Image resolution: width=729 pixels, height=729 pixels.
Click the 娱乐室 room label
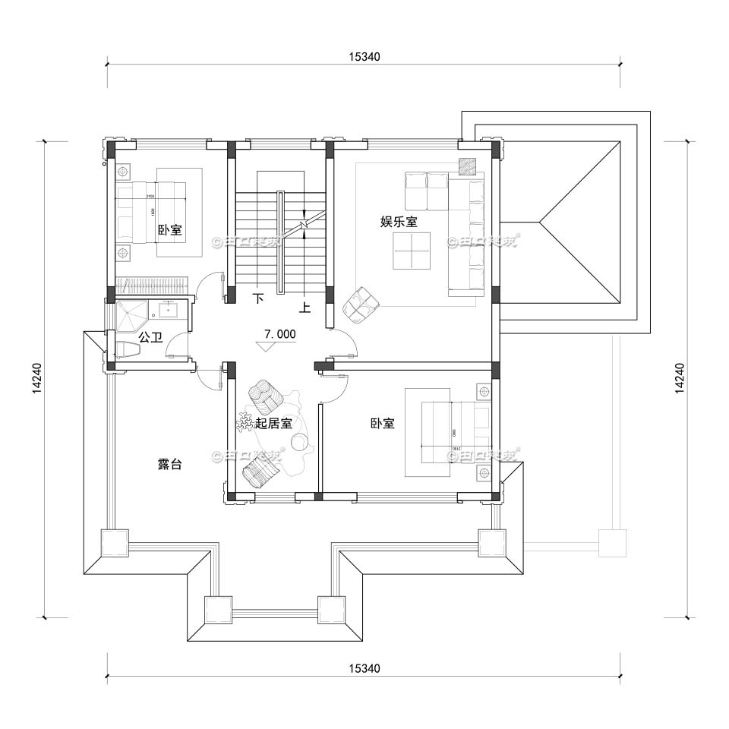tap(399, 222)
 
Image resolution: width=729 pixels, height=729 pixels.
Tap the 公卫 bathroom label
tap(150, 336)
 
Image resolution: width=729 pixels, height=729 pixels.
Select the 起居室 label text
tap(273, 424)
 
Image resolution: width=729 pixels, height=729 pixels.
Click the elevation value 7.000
tap(279, 333)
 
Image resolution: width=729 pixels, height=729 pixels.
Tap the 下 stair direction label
tap(258, 299)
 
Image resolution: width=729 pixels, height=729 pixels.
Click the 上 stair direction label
tap(305, 308)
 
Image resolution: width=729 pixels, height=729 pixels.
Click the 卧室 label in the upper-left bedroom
tap(169, 229)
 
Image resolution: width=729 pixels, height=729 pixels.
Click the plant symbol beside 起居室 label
tap(246, 422)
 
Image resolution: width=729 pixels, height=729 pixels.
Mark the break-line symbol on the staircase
tap(303, 226)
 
